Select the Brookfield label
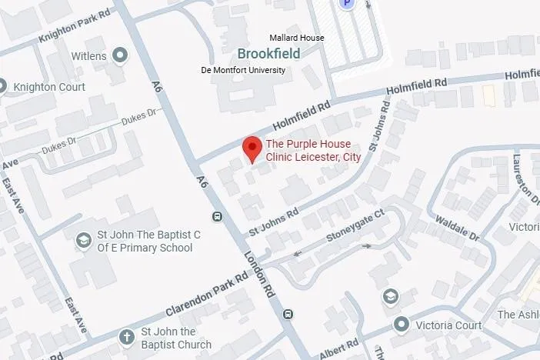(268, 54)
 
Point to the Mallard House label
(296, 38)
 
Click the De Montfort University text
(243, 70)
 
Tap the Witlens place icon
(120, 55)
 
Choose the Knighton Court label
(49, 87)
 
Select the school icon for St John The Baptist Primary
(82, 241)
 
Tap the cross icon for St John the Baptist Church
(126, 338)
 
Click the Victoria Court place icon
(400, 325)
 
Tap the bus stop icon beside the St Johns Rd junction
(218, 216)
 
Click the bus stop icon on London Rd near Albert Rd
(288, 314)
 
